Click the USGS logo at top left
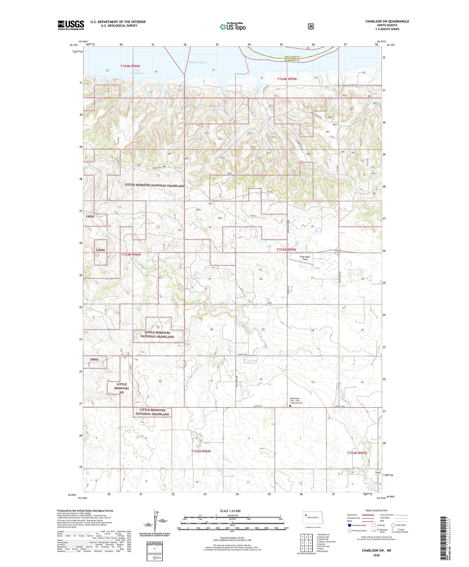(x=71, y=25)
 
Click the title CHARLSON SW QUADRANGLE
(x=387, y=21)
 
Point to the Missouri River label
(x=197, y=63)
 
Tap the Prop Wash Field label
(x=305, y=258)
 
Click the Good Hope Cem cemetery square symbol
(x=290, y=406)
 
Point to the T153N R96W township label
(x=131, y=255)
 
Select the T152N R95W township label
(x=356, y=453)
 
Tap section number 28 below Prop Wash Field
(x=312, y=330)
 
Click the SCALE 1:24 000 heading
(x=230, y=511)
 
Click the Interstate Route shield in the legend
(x=350, y=525)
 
